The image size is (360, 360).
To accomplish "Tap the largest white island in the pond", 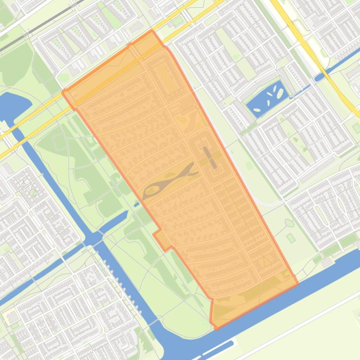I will [280, 94].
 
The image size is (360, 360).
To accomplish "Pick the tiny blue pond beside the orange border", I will [136, 204].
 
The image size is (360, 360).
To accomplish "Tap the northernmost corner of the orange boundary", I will [152, 30].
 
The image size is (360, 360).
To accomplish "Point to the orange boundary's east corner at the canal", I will [298, 283].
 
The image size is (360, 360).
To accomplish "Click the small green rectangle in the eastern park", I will [291, 238].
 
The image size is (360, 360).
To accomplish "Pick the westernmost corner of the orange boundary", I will [63, 92].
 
